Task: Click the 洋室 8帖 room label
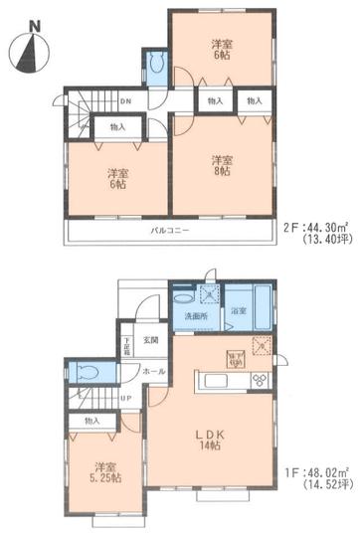(x=221, y=166)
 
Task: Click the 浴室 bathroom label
(x=240, y=311)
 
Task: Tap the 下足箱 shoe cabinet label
(x=126, y=349)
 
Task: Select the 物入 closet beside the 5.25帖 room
(x=91, y=422)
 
